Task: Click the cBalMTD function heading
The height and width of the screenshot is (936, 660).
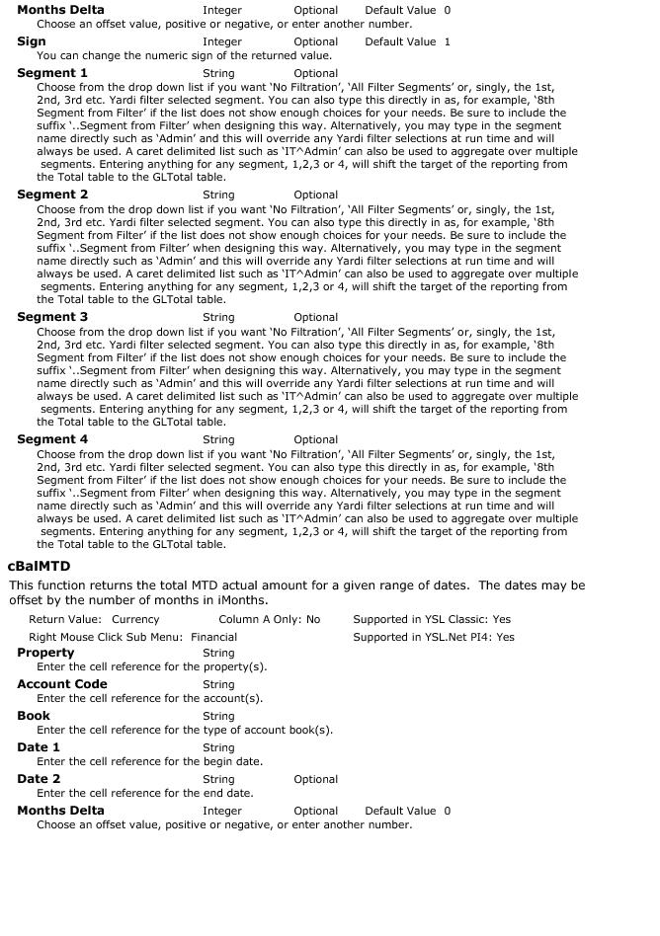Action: (39, 567)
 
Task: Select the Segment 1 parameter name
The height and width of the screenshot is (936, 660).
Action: (52, 73)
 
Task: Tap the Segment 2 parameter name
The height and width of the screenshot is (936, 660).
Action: (52, 195)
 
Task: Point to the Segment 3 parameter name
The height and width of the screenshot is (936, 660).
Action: (52, 317)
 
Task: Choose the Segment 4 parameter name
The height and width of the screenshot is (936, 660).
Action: (52, 439)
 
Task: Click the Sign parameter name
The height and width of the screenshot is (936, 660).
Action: (32, 41)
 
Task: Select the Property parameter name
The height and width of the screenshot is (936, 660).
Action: (45, 653)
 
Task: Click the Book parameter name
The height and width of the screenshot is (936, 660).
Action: (34, 716)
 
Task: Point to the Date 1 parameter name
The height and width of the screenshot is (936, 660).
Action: (39, 747)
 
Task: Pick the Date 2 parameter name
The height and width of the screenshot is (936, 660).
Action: (39, 779)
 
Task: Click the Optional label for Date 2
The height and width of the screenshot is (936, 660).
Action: (315, 780)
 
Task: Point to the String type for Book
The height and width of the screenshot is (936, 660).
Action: (218, 717)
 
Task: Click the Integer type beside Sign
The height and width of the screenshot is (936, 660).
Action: (221, 42)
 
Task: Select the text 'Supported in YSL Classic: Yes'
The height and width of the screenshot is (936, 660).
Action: (432, 620)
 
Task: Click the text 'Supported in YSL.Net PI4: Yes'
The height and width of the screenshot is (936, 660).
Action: (434, 638)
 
